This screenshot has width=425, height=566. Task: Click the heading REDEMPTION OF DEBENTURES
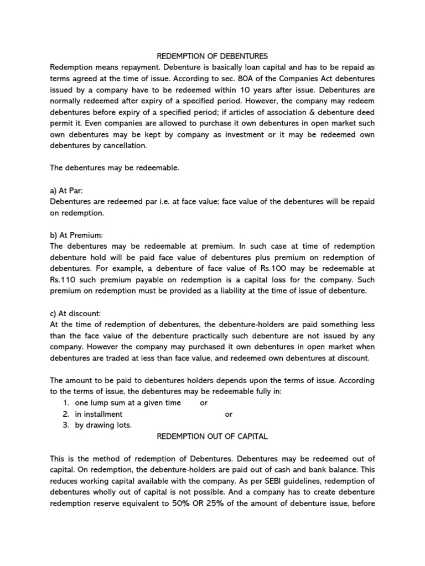coord(212,56)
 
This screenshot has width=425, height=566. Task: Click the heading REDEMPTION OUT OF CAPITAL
coord(212,436)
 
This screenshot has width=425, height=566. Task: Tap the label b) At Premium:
coord(76,235)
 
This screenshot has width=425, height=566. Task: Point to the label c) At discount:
coord(75,313)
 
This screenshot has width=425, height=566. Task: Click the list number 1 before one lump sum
coord(65,403)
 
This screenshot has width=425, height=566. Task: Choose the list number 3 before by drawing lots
coord(65,425)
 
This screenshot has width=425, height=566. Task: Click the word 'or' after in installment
coord(229,414)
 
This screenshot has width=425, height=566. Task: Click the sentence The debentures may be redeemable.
coord(115,168)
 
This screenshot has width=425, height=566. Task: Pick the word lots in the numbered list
coord(123,425)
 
